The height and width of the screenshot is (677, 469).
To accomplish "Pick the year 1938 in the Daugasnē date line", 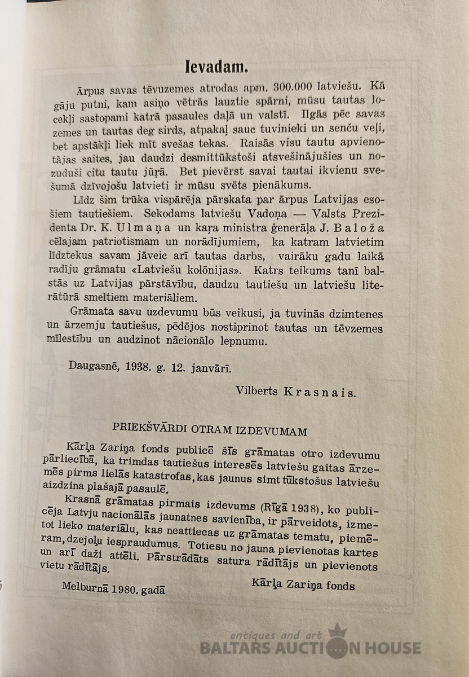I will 138,365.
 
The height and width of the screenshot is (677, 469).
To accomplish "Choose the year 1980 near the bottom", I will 123,589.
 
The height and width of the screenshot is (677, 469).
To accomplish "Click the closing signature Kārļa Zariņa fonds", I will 304,585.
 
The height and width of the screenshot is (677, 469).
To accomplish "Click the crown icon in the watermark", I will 337,631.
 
